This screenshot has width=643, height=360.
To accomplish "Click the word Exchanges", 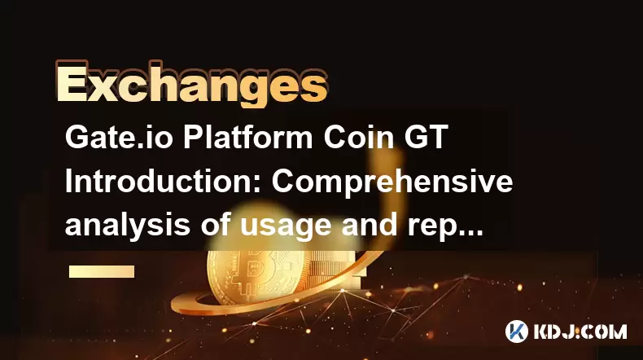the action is coord(191,84).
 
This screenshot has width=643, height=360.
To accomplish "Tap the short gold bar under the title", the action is coord(102,271).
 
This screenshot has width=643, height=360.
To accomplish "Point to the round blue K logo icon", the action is coord(516,331).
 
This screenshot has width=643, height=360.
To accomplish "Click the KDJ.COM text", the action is coord(580,331).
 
